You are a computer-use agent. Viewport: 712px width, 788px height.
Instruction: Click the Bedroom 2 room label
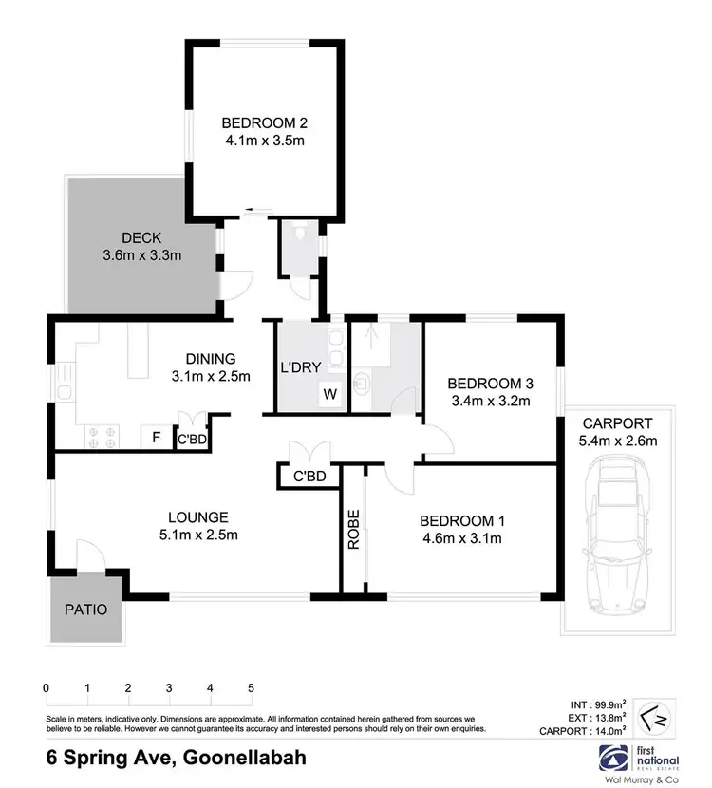click(x=265, y=122)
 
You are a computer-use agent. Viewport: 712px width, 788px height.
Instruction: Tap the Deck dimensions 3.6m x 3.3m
click(x=141, y=255)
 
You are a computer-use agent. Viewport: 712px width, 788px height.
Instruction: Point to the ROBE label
click(x=353, y=529)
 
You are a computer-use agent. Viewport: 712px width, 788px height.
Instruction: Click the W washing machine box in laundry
click(x=331, y=393)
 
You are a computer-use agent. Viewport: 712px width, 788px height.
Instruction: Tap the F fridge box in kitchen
click(x=154, y=438)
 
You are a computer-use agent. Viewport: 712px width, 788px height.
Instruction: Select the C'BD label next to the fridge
click(x=194, y=439)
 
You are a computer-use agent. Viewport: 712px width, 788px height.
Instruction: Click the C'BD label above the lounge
click(x=309, y=477)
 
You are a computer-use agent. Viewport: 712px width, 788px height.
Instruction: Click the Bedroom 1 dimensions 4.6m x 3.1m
click(x=460, y=538)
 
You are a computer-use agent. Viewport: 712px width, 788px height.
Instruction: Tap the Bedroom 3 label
click(x=490, y=384)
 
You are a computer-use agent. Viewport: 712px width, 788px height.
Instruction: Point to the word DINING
click(x=211, y=359)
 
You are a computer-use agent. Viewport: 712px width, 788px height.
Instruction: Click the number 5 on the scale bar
click(x=252, y=687)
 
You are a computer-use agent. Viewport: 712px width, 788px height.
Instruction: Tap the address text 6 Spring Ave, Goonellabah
click(x=176, y=759)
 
